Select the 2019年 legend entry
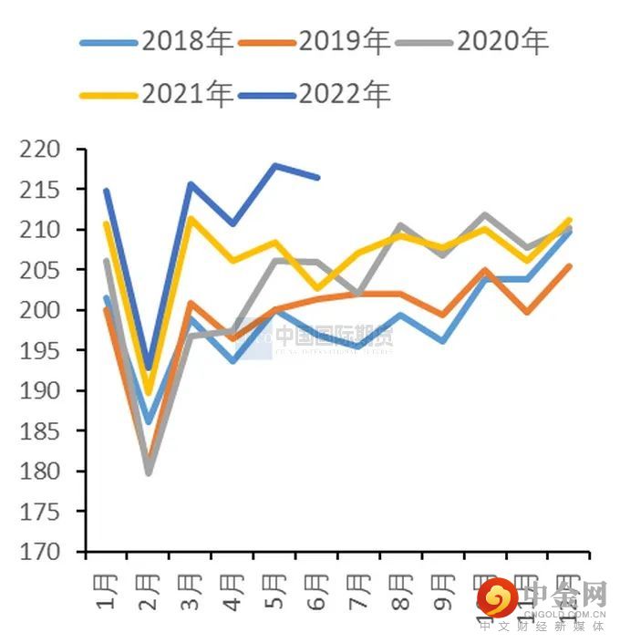(315, 41)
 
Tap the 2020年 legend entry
(473, 41)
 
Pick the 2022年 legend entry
(315, 93)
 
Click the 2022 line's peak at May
(274, 165)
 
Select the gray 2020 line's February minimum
(149, 473)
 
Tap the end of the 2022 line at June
(317, 177)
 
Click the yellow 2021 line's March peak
(191, 218)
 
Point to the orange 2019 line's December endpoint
(570, 266)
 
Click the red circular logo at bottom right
(498, 599)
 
